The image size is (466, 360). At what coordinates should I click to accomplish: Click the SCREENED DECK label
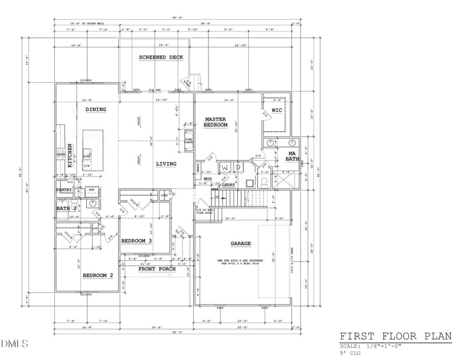(x=161, y=57)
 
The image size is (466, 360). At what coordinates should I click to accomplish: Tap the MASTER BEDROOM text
(x=215, y=122)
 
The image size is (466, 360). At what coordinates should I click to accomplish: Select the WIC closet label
(x=277, y=109)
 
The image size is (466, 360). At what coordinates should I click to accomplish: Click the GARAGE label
(x=240, y=243)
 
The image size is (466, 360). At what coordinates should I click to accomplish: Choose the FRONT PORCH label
(x=157, y=269)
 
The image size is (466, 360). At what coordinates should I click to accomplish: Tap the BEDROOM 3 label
(x=137, y=241)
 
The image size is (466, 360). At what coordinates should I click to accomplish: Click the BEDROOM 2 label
(x=97, y=275)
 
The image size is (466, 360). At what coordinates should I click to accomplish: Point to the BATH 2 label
(x=66, y=208)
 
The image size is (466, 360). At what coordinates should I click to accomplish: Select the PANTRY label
(x=64, y=190)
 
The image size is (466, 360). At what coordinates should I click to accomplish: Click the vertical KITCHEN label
(x=69, y=156)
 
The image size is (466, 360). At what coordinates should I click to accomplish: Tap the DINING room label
(x=96, y=109)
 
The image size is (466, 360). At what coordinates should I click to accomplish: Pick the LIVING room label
(x=166, y=164)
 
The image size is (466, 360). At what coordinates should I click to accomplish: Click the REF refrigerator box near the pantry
(x=91, y=190)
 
